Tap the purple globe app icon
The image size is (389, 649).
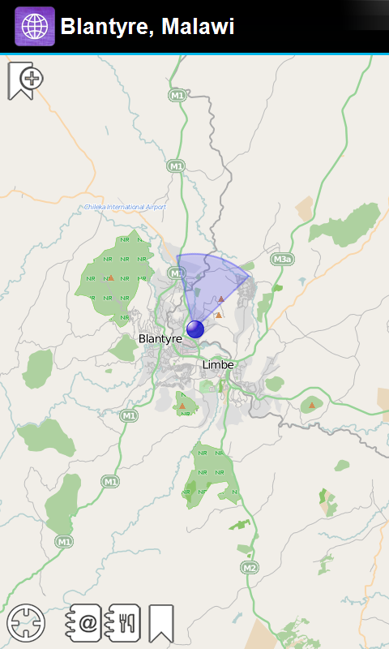[35, 27]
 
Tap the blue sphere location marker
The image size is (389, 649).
[195, 329]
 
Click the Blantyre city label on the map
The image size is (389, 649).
[160, 338]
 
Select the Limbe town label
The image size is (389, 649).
[218, 365]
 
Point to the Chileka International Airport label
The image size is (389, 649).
[126, 207]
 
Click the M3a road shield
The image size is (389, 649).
[281, 260]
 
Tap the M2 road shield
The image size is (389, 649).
[250, 567]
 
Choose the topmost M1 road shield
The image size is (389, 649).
[177, 96]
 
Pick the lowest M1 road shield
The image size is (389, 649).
[65, 541]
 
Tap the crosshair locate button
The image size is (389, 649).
[26, 624]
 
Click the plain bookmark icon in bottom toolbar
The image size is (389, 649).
[161, 624]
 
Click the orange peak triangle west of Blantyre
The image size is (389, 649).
[110, 278]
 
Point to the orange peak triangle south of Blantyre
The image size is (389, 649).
[182, 406]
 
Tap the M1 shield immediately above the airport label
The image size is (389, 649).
[176, 166]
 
